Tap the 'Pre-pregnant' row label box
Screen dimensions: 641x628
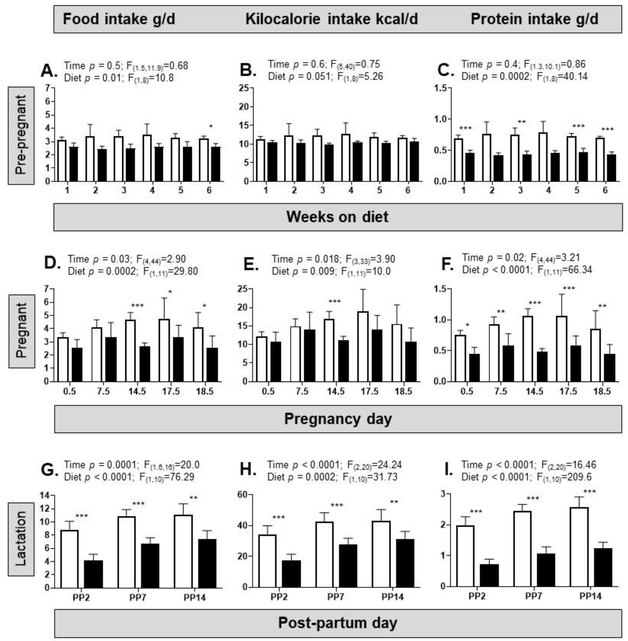coord(21,135)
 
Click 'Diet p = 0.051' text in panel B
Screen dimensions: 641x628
coord(299,77)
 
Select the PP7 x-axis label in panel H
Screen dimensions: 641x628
coord(336,597)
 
